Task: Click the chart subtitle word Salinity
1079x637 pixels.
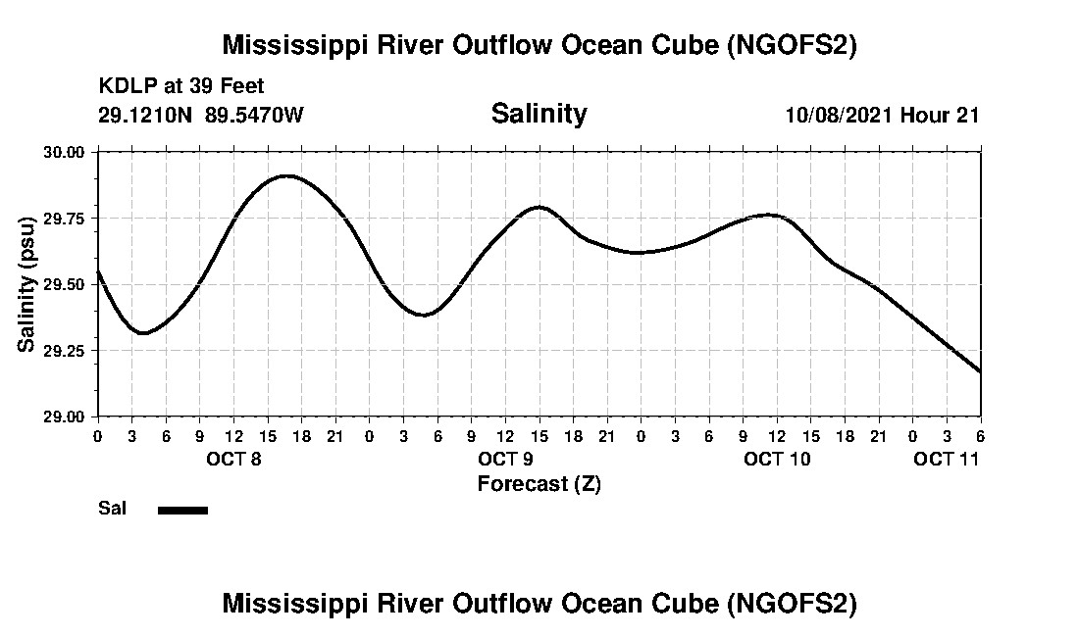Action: pos(539,114)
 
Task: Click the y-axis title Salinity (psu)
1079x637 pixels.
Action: pos(26,284)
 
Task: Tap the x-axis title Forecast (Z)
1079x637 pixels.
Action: pos(539,484)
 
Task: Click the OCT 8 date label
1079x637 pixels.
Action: pos(232,459)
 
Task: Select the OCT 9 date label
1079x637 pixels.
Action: pos(505,459)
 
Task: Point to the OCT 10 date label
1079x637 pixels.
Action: pos(777,459)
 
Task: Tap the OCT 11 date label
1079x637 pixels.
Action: pos(946,459)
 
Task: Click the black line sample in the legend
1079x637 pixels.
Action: pos(182,510)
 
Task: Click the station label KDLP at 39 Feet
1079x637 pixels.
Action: pos(181,87)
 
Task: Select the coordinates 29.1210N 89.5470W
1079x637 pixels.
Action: pos(201,115)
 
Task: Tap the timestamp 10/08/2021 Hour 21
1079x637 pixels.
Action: pos(882,115)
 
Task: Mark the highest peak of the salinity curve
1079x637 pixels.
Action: pos(285,176)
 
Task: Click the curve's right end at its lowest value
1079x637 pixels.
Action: pos(979,371)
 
